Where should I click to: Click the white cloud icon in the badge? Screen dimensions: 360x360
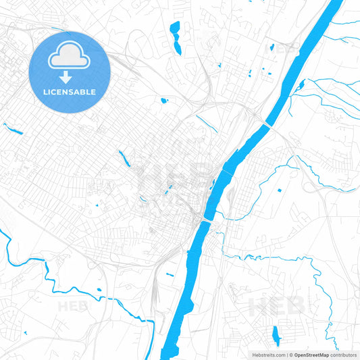point(70,59)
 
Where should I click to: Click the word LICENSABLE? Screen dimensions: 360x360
point(70,92)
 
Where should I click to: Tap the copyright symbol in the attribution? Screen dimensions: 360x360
point(291,355)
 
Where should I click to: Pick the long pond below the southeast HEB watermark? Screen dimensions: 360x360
point(275,336)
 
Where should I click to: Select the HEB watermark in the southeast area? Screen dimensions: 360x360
point(277,306)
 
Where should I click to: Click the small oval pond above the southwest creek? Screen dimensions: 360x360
point(99,290)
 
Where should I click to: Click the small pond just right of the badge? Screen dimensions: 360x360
point(163,101)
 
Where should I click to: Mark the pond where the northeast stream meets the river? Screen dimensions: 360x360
point(298,86)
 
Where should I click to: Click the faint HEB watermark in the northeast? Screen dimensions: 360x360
point(287,49)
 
